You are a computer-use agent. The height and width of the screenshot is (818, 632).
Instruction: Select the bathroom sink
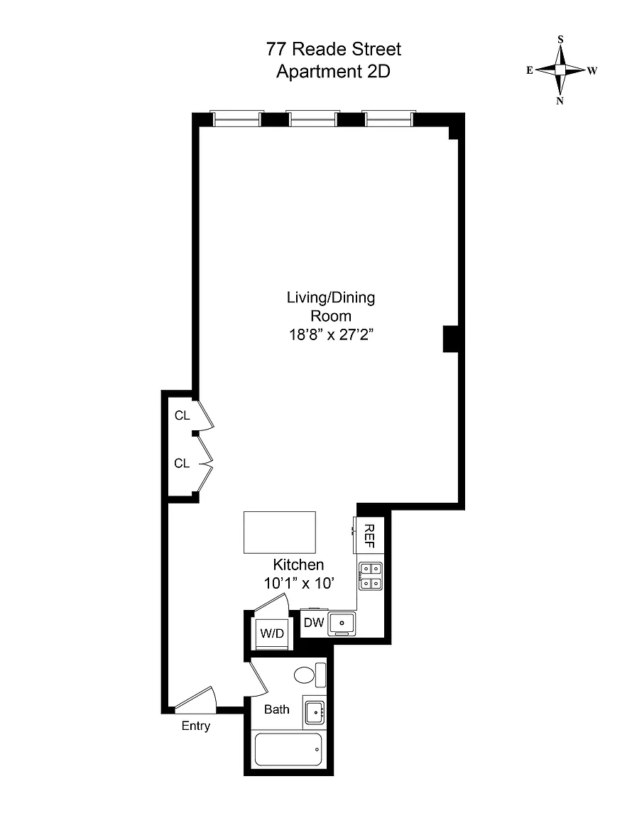(x=315, y=712)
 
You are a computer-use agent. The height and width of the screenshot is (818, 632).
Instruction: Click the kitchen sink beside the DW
(x=342, y=623)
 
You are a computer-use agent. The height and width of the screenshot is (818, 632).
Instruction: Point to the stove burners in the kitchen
(x=371, y=576)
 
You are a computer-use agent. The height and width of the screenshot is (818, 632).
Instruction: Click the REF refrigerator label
(x=369, y=536)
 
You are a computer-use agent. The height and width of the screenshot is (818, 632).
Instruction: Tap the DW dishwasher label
(x=314, y=622)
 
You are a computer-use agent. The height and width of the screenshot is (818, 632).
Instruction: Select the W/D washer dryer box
(x=271, y=633)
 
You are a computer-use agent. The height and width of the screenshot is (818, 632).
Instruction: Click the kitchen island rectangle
(x=280, y=532)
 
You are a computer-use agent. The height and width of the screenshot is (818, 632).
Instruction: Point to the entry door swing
(x=196, y=699)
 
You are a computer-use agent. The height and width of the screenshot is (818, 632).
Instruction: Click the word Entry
(x=196, y=726)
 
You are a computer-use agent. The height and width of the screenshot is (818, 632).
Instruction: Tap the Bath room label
(x=277, y=709)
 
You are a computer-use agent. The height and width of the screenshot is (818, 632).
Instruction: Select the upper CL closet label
(x=182, y=416)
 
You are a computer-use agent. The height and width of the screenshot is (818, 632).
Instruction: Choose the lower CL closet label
(x=182, y=463)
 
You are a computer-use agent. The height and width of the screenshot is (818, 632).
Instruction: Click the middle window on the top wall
(x=313, y=119)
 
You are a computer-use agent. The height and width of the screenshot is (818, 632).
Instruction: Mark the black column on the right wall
(x=450, y=339)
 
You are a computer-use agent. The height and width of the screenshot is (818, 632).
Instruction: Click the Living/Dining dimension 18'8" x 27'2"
(x=332, y=334)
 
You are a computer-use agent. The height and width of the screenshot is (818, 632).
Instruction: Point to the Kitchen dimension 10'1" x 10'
(x=298, y=583)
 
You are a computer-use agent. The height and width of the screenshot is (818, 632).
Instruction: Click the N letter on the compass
(x=560, y=102)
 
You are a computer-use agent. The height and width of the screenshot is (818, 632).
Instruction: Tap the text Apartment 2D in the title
(x=334, y=71)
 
